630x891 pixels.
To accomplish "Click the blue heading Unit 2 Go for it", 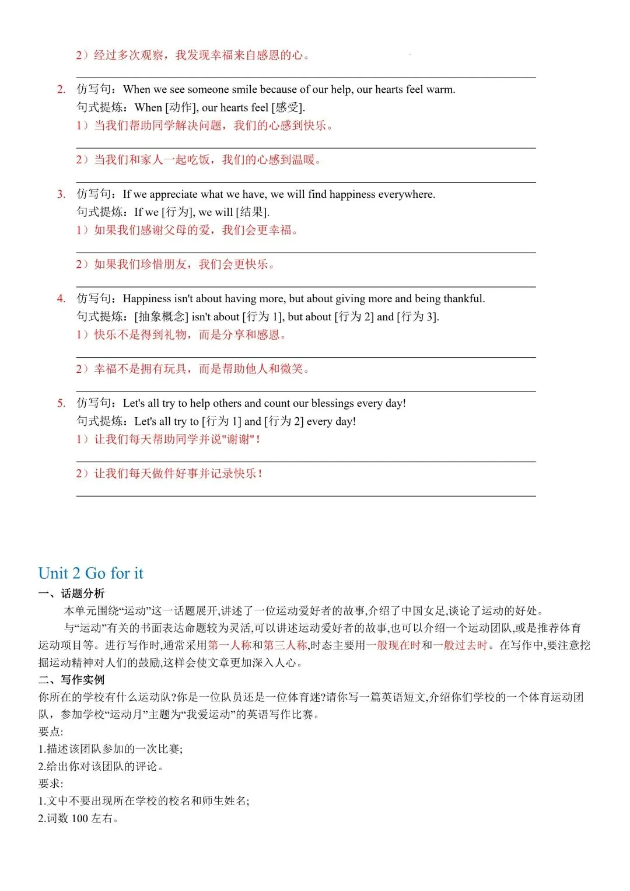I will pyautogui.click(x=90, y=573).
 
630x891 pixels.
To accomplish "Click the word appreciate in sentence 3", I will pyautogui.click(x=173, y=194).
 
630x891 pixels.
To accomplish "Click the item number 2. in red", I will pyautogui.click(x=61, y=89).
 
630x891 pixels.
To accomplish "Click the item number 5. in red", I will pyautogui.click(x=61, y=403).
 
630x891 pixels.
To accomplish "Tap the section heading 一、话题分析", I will pyautogui.click(x=71, y=593).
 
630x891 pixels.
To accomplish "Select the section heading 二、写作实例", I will pyautogui.click(x=71, y=680).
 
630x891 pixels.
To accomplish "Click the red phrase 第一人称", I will pyautogui.click(x=229, y=645).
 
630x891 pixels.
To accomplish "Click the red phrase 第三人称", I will pyautogui.click(x=285, y=645).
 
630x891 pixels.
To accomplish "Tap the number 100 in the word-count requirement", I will pyautogui.click(x=79, y=819).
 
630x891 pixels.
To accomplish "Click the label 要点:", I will pyautogui.click(x=51, y=732).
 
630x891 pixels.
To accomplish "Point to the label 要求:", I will pyautogui.click(x=51, y=784).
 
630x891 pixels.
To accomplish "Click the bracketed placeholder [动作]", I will pyautogui.click(x=180, y=107).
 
